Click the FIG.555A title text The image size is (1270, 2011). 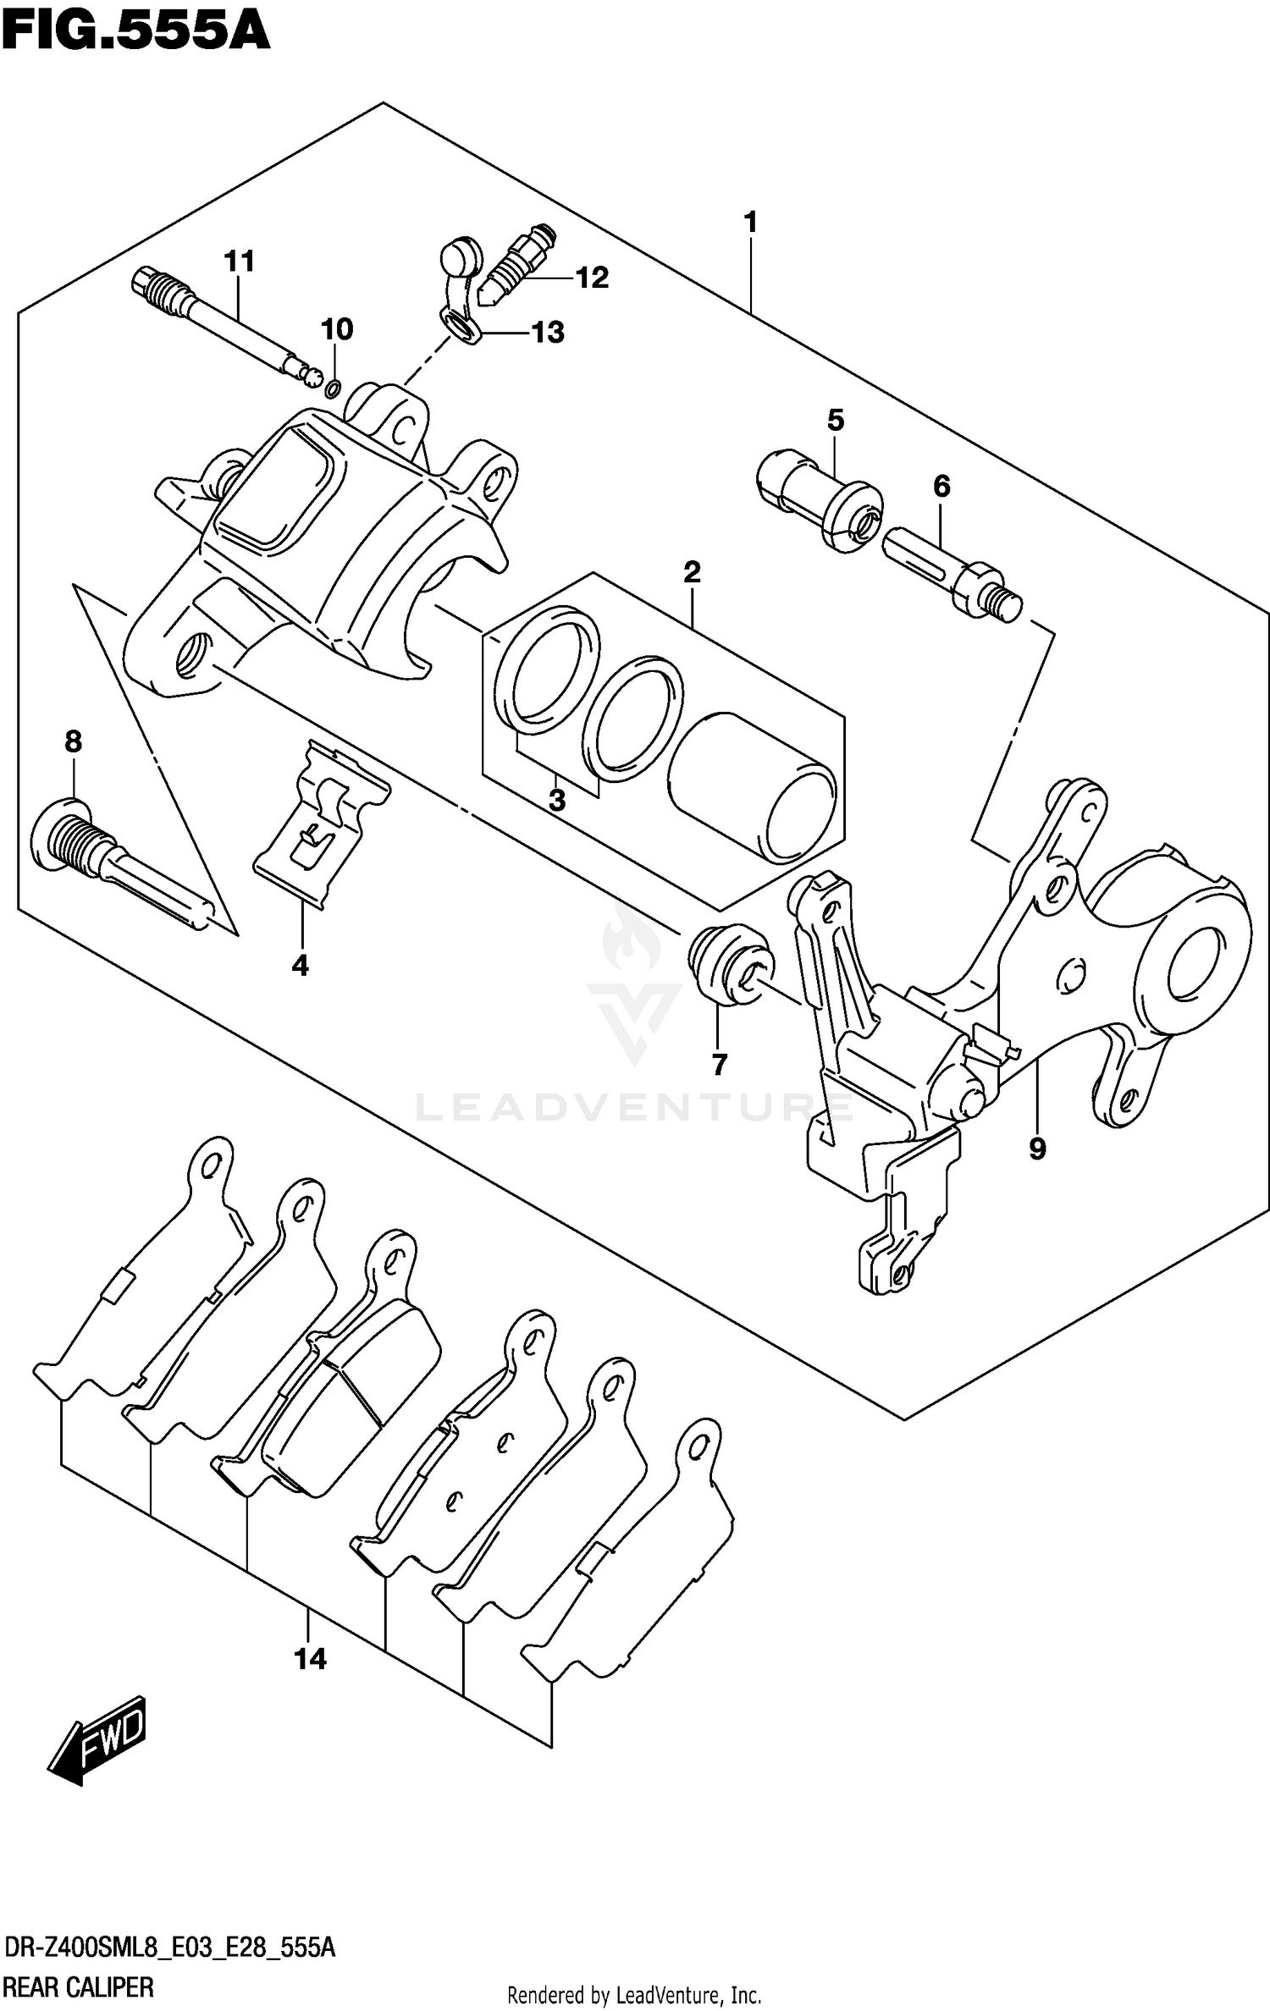tap(135, 34)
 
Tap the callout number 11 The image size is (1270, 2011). tap(240, 262)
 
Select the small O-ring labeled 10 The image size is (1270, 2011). tap(333, 388)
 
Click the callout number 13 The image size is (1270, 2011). tap(548, 333)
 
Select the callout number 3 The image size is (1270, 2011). tap(556, 800)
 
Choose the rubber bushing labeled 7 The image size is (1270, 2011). tap(729, 965)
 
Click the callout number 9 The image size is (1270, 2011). tap(1037, 1149)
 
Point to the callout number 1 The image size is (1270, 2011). tap(749, 223)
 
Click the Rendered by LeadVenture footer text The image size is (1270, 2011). tap(634, 1995)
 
